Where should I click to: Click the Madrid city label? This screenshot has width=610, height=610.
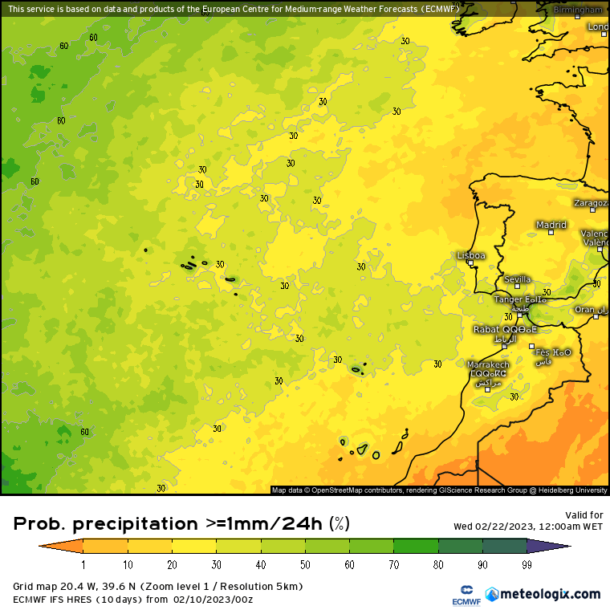click(x=551, y=225)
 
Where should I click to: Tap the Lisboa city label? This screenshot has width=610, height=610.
click(x=471, y=255)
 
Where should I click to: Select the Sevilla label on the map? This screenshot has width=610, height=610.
click(x=517, y=279)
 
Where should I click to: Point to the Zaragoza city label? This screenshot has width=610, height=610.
click(x=592, y=203)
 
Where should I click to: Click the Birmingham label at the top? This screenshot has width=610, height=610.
click(x=578, y=10)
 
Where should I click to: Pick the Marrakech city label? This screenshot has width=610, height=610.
click(x=488, y=364)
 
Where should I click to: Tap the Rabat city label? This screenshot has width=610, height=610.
click(x=486, y=329)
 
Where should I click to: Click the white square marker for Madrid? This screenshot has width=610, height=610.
click(x=551, y=233)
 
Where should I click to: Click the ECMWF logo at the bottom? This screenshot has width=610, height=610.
click(x=459, y=595)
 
